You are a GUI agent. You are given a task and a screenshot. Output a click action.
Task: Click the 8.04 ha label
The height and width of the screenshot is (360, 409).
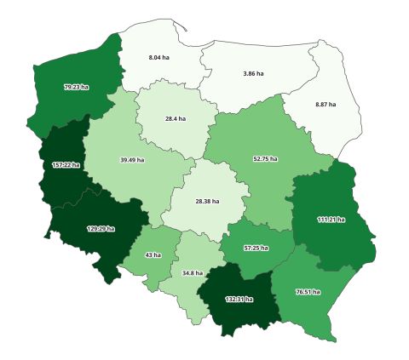(158, 57)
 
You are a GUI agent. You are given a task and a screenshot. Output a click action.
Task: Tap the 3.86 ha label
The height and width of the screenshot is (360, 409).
(253, 74)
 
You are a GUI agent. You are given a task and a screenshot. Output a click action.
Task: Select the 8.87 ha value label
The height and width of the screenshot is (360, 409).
(325, 104)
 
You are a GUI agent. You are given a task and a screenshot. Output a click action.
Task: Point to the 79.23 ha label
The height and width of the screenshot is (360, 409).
(76, 87)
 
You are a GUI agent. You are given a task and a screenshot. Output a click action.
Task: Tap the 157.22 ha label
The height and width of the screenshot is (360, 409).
(66, 164)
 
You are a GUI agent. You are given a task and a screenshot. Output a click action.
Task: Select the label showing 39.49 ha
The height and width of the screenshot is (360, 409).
(132, 159)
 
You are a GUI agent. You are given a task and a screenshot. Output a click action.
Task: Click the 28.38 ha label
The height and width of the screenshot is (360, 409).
(207, 202)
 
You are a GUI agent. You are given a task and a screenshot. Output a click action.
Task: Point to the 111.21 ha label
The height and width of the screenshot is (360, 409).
(331, 219)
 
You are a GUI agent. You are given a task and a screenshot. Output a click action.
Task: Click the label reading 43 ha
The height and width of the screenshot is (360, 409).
(153, 255)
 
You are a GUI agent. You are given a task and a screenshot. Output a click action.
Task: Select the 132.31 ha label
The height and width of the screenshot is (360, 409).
(238, 299)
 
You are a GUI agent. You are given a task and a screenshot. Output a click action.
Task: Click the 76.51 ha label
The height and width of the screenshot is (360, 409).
(308, 291)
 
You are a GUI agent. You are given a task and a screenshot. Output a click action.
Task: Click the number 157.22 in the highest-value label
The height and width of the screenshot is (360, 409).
(61, 164)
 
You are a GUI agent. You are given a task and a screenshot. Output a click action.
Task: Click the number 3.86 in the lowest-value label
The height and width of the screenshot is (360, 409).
(249, 74)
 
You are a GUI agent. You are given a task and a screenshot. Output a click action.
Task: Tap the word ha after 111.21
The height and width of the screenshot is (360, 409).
(341, 219)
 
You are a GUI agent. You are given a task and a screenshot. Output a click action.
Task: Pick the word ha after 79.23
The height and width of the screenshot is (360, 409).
(84, 87)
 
